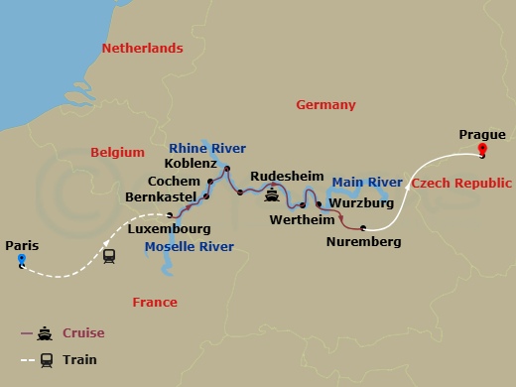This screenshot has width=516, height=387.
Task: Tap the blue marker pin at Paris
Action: coord(22,261)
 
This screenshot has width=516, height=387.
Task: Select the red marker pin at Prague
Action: coord(482,151)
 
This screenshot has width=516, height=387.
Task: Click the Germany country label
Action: coord(325,104)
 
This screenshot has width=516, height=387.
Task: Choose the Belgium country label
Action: coord(118,152)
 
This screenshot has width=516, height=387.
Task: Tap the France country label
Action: coord(155,302)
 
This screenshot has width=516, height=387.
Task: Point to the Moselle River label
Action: coord(189,245)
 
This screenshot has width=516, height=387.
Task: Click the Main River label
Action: coord(367,183)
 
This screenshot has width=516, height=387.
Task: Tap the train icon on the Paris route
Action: coord(108,253)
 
